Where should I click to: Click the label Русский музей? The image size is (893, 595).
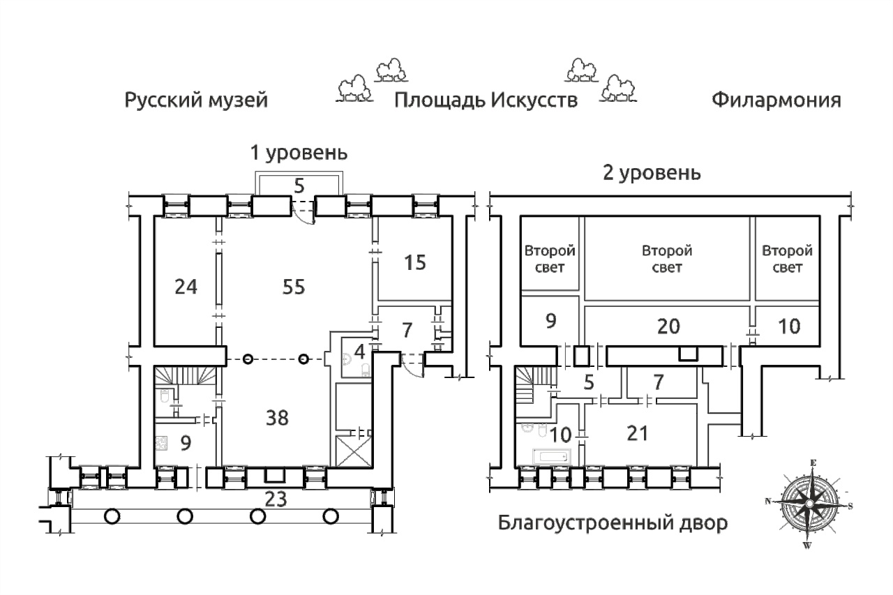[196, 100]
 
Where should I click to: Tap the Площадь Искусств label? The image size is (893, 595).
[486, 100]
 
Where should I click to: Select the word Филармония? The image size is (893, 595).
[776, 100]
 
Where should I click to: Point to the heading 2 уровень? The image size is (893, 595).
[651, 172]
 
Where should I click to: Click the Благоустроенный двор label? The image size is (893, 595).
[612, 523]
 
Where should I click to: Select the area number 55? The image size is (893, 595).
[294, 287]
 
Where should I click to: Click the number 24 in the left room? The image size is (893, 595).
[186, 287]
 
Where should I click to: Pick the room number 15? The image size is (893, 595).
[414, 263]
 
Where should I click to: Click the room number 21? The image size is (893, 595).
[638, 433]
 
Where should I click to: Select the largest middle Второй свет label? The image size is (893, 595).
[667, 258]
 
